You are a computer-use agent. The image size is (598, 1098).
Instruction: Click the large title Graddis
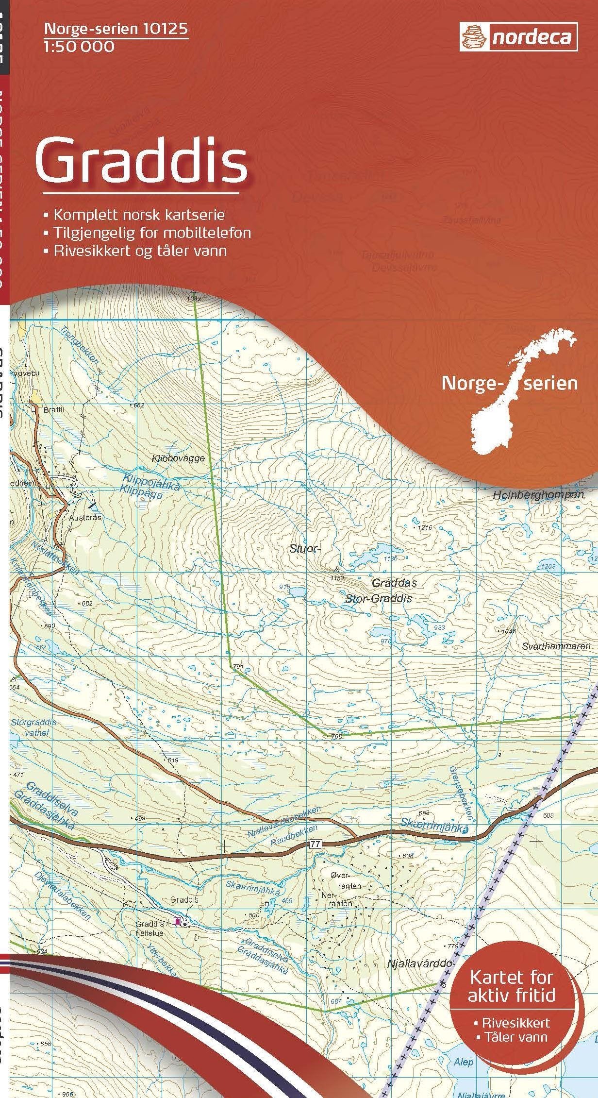click(x=141, y=161)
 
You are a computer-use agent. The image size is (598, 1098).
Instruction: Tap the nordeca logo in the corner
click(x=518, y=37)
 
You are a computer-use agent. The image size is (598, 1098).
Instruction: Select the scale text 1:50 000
click(x=79, y=47)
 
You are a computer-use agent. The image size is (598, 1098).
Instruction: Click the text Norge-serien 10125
click(x=116, y=30)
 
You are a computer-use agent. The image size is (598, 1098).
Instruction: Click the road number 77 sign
click(x=316, y=845)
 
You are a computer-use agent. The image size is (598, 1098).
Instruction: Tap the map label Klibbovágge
click(x=178, y=458)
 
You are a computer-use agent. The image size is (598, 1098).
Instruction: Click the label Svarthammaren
click(x=556, y=646)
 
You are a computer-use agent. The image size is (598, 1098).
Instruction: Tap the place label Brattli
click(x=53, y=409)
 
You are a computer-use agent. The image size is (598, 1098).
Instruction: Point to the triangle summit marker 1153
click(x=335, y=569)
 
